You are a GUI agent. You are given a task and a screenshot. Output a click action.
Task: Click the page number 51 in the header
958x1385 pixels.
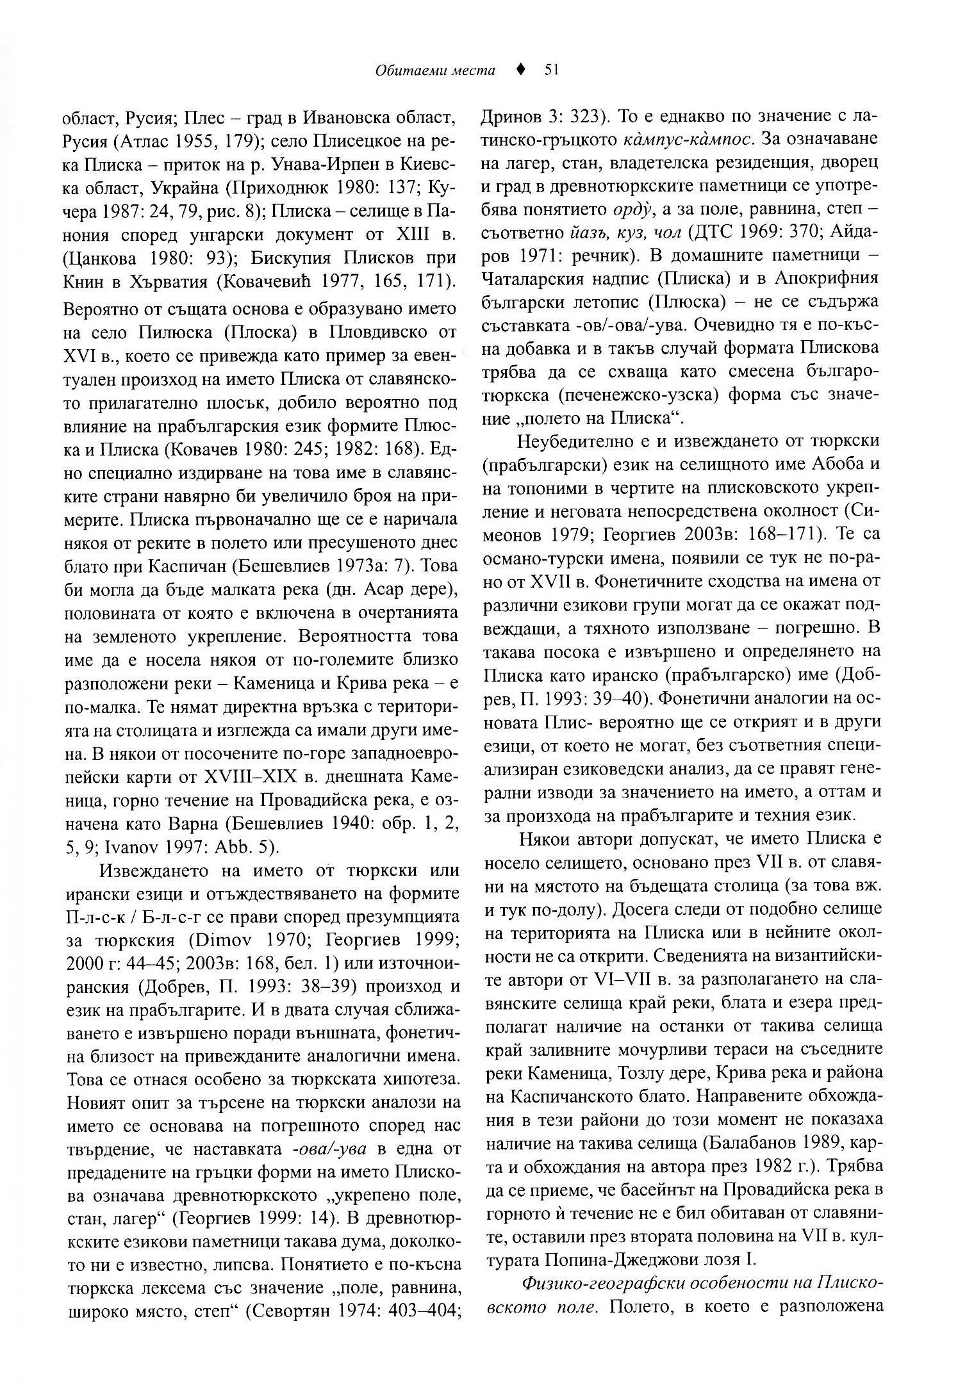tap(552, 70)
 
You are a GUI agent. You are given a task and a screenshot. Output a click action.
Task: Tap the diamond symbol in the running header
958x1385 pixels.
tap(521, 70)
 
